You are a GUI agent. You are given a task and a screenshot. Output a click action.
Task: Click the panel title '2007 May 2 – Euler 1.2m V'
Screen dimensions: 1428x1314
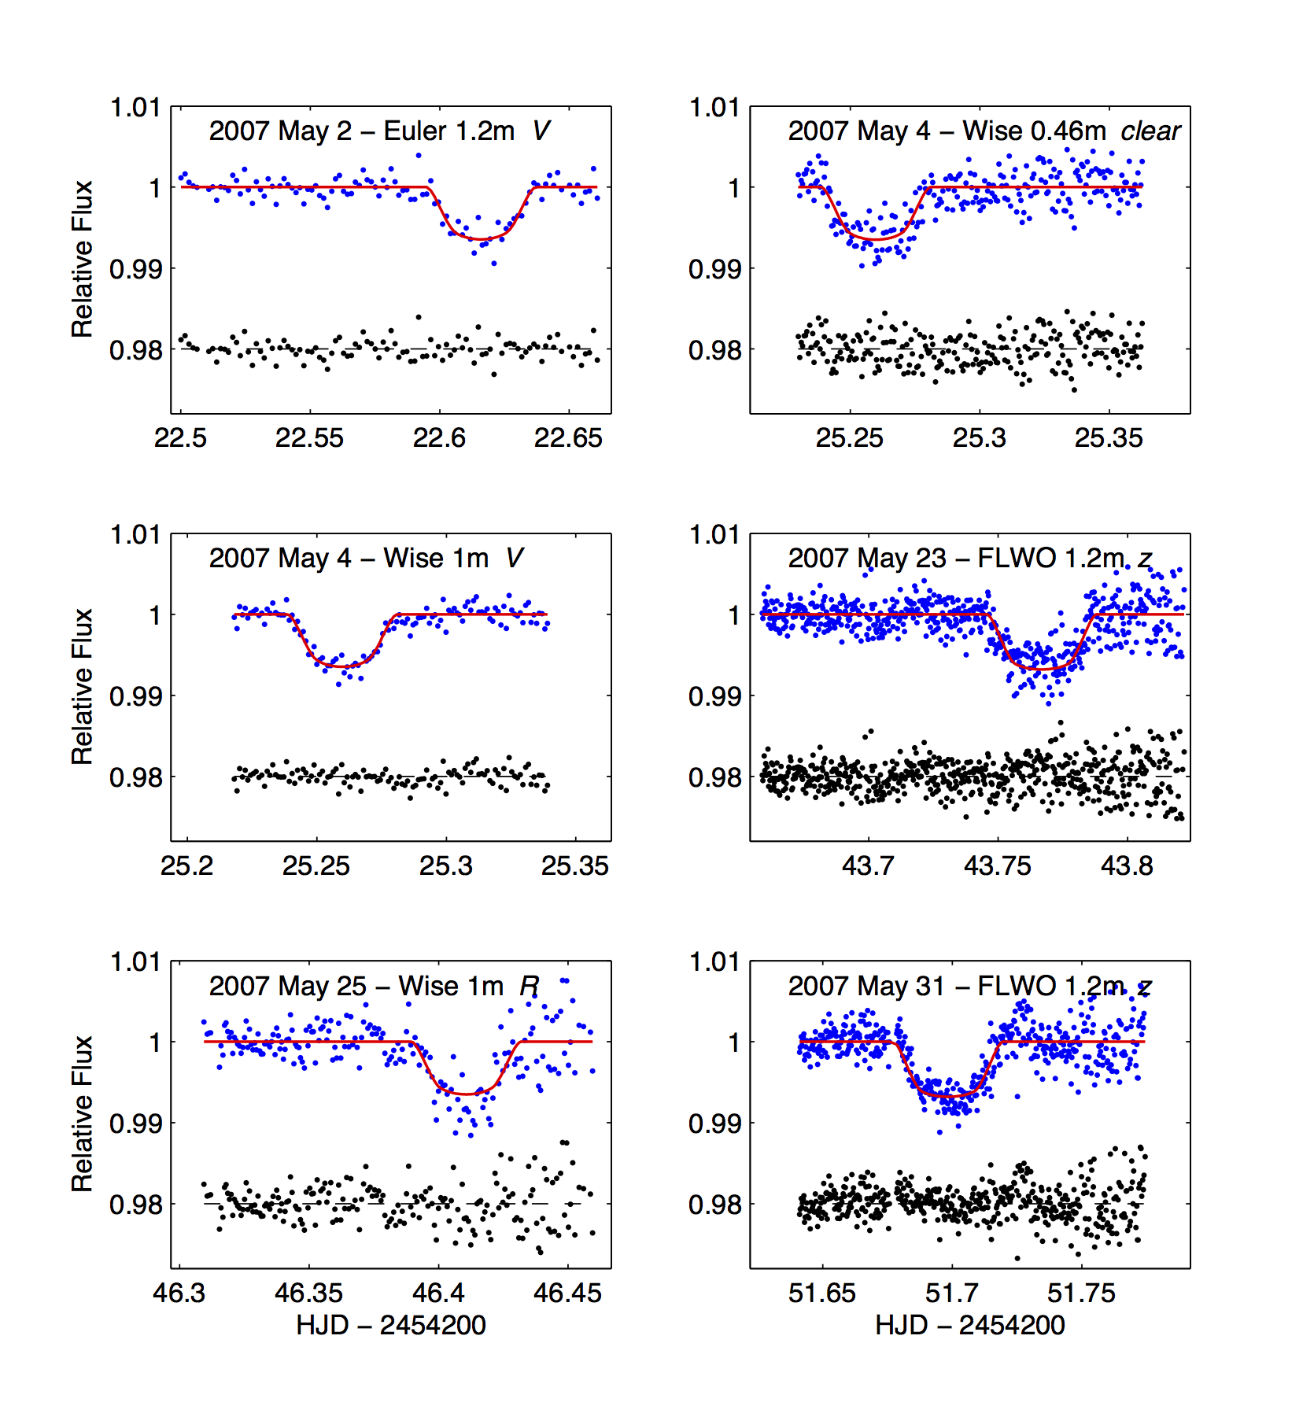tap(379, 131)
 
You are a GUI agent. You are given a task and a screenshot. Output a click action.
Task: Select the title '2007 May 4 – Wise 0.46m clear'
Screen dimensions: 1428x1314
tap(984, 131)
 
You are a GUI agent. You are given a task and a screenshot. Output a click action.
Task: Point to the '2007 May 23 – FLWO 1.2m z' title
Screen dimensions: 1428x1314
tap(970, 559)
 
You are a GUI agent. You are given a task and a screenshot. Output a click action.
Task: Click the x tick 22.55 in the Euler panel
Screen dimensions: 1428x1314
tap(309, 438)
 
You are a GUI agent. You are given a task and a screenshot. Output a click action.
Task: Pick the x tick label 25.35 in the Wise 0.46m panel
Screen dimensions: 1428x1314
tap(1109, 438)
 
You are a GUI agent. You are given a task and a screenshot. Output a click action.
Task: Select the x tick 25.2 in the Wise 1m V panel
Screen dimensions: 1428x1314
tap(186, 866)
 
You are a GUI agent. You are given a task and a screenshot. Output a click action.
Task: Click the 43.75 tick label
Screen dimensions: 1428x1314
tap(997, 866)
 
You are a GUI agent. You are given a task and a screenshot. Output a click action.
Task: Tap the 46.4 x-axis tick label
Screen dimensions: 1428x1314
tap(438, 1293)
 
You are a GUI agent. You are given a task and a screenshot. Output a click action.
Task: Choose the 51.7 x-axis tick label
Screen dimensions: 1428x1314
tap(952, 1293)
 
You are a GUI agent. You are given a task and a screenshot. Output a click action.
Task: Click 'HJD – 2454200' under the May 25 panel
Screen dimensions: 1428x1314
tap(391, 1326)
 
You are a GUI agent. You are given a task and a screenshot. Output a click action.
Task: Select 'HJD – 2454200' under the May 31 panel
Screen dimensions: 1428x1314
tap(970, 1326)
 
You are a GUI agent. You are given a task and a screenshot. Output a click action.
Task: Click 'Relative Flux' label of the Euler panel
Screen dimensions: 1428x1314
tap(83, 259)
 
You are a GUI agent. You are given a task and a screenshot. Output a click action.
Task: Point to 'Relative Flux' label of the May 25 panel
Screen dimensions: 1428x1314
tap(83, 1113)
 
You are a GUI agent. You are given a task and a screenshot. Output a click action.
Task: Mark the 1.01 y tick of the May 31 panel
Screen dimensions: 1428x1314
tap(714, 962)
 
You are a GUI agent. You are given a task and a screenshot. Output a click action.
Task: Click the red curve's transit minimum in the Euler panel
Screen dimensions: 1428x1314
tap(480, 239)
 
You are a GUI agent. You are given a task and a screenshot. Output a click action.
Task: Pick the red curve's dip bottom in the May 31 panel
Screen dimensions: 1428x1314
tap(952, 1095)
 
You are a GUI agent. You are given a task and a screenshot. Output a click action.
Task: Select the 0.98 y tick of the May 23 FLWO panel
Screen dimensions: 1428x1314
tap(714, 777)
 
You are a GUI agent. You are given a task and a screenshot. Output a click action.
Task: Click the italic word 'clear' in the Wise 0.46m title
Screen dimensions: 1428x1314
tap(1150, 131)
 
